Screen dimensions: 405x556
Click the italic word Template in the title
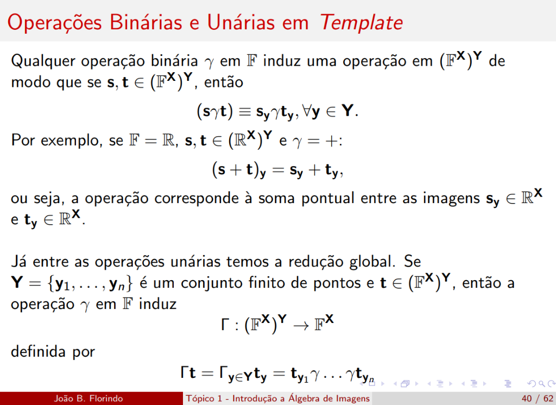pos(361,22)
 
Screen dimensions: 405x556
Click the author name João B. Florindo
pos(89,398)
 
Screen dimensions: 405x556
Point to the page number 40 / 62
pos(536,398)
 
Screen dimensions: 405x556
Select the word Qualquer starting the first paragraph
pos(43,61)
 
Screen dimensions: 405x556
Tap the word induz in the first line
pos(283,61)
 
